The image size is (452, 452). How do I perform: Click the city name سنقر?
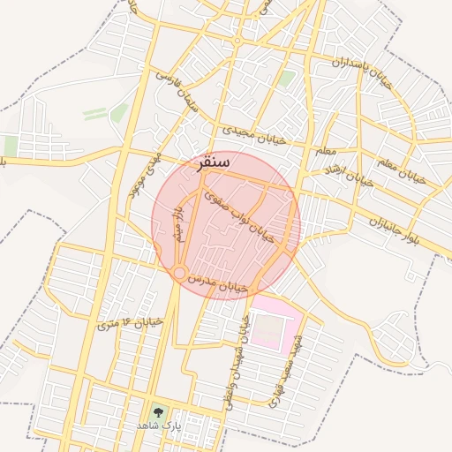210,163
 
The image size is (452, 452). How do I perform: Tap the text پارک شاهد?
158,426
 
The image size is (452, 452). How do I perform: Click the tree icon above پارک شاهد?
158,411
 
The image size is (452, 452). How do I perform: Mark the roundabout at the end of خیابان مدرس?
179,275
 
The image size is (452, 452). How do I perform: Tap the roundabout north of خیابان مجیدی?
237,41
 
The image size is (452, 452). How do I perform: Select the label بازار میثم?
177,225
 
